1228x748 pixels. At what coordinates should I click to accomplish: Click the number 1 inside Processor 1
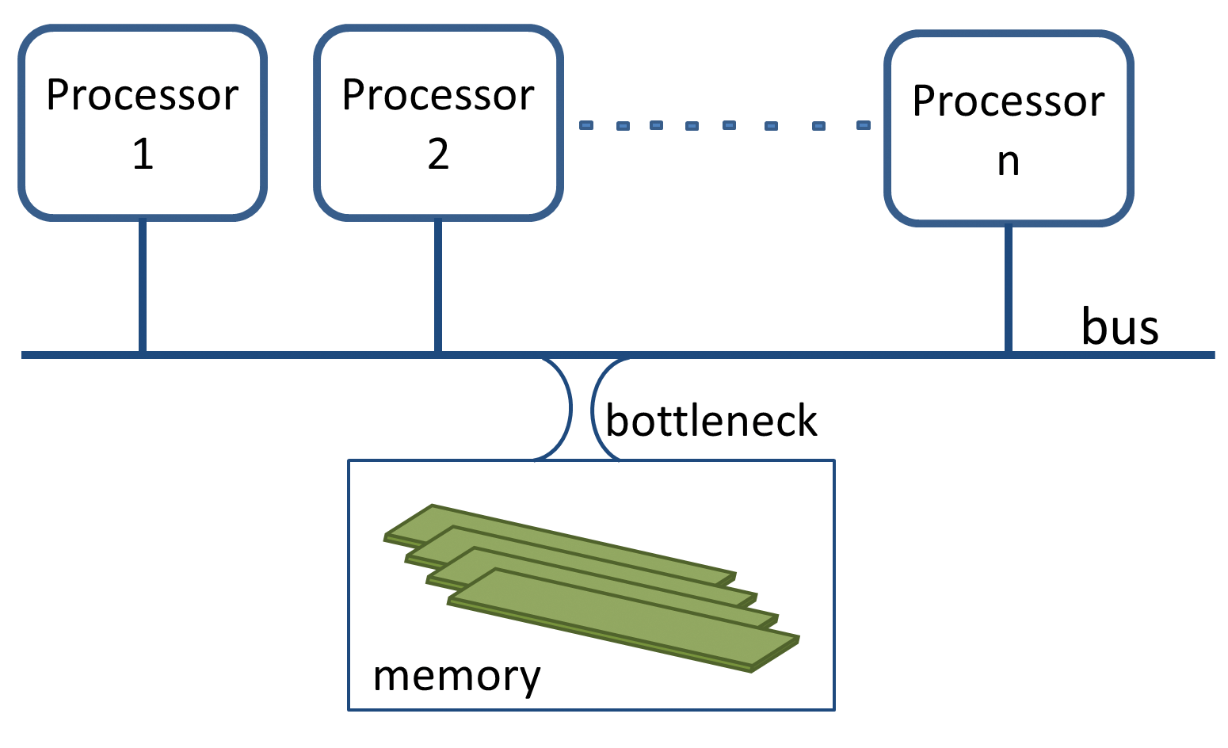coord(143,153)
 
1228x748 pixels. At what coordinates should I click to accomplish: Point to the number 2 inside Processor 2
coord(438,153)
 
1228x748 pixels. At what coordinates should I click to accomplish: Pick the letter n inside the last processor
coord(1008,161)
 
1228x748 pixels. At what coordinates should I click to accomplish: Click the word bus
coord(1119,326)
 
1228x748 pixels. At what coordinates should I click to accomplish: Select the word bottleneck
coord(711,420)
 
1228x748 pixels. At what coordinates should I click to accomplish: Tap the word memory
coord(456,676)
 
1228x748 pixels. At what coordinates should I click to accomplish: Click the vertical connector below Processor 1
coord(143,285)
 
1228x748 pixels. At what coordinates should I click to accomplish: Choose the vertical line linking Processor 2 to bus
coord(438,285)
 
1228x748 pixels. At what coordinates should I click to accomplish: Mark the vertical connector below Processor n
coord(1008,289)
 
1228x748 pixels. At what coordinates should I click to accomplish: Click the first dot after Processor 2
coord(585,124)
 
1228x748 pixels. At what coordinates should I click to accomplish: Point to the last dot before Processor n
coord(864,125)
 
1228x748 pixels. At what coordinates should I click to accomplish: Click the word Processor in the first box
coord(143,96)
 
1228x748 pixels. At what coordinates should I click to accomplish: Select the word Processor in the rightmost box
coord(1008,101)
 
